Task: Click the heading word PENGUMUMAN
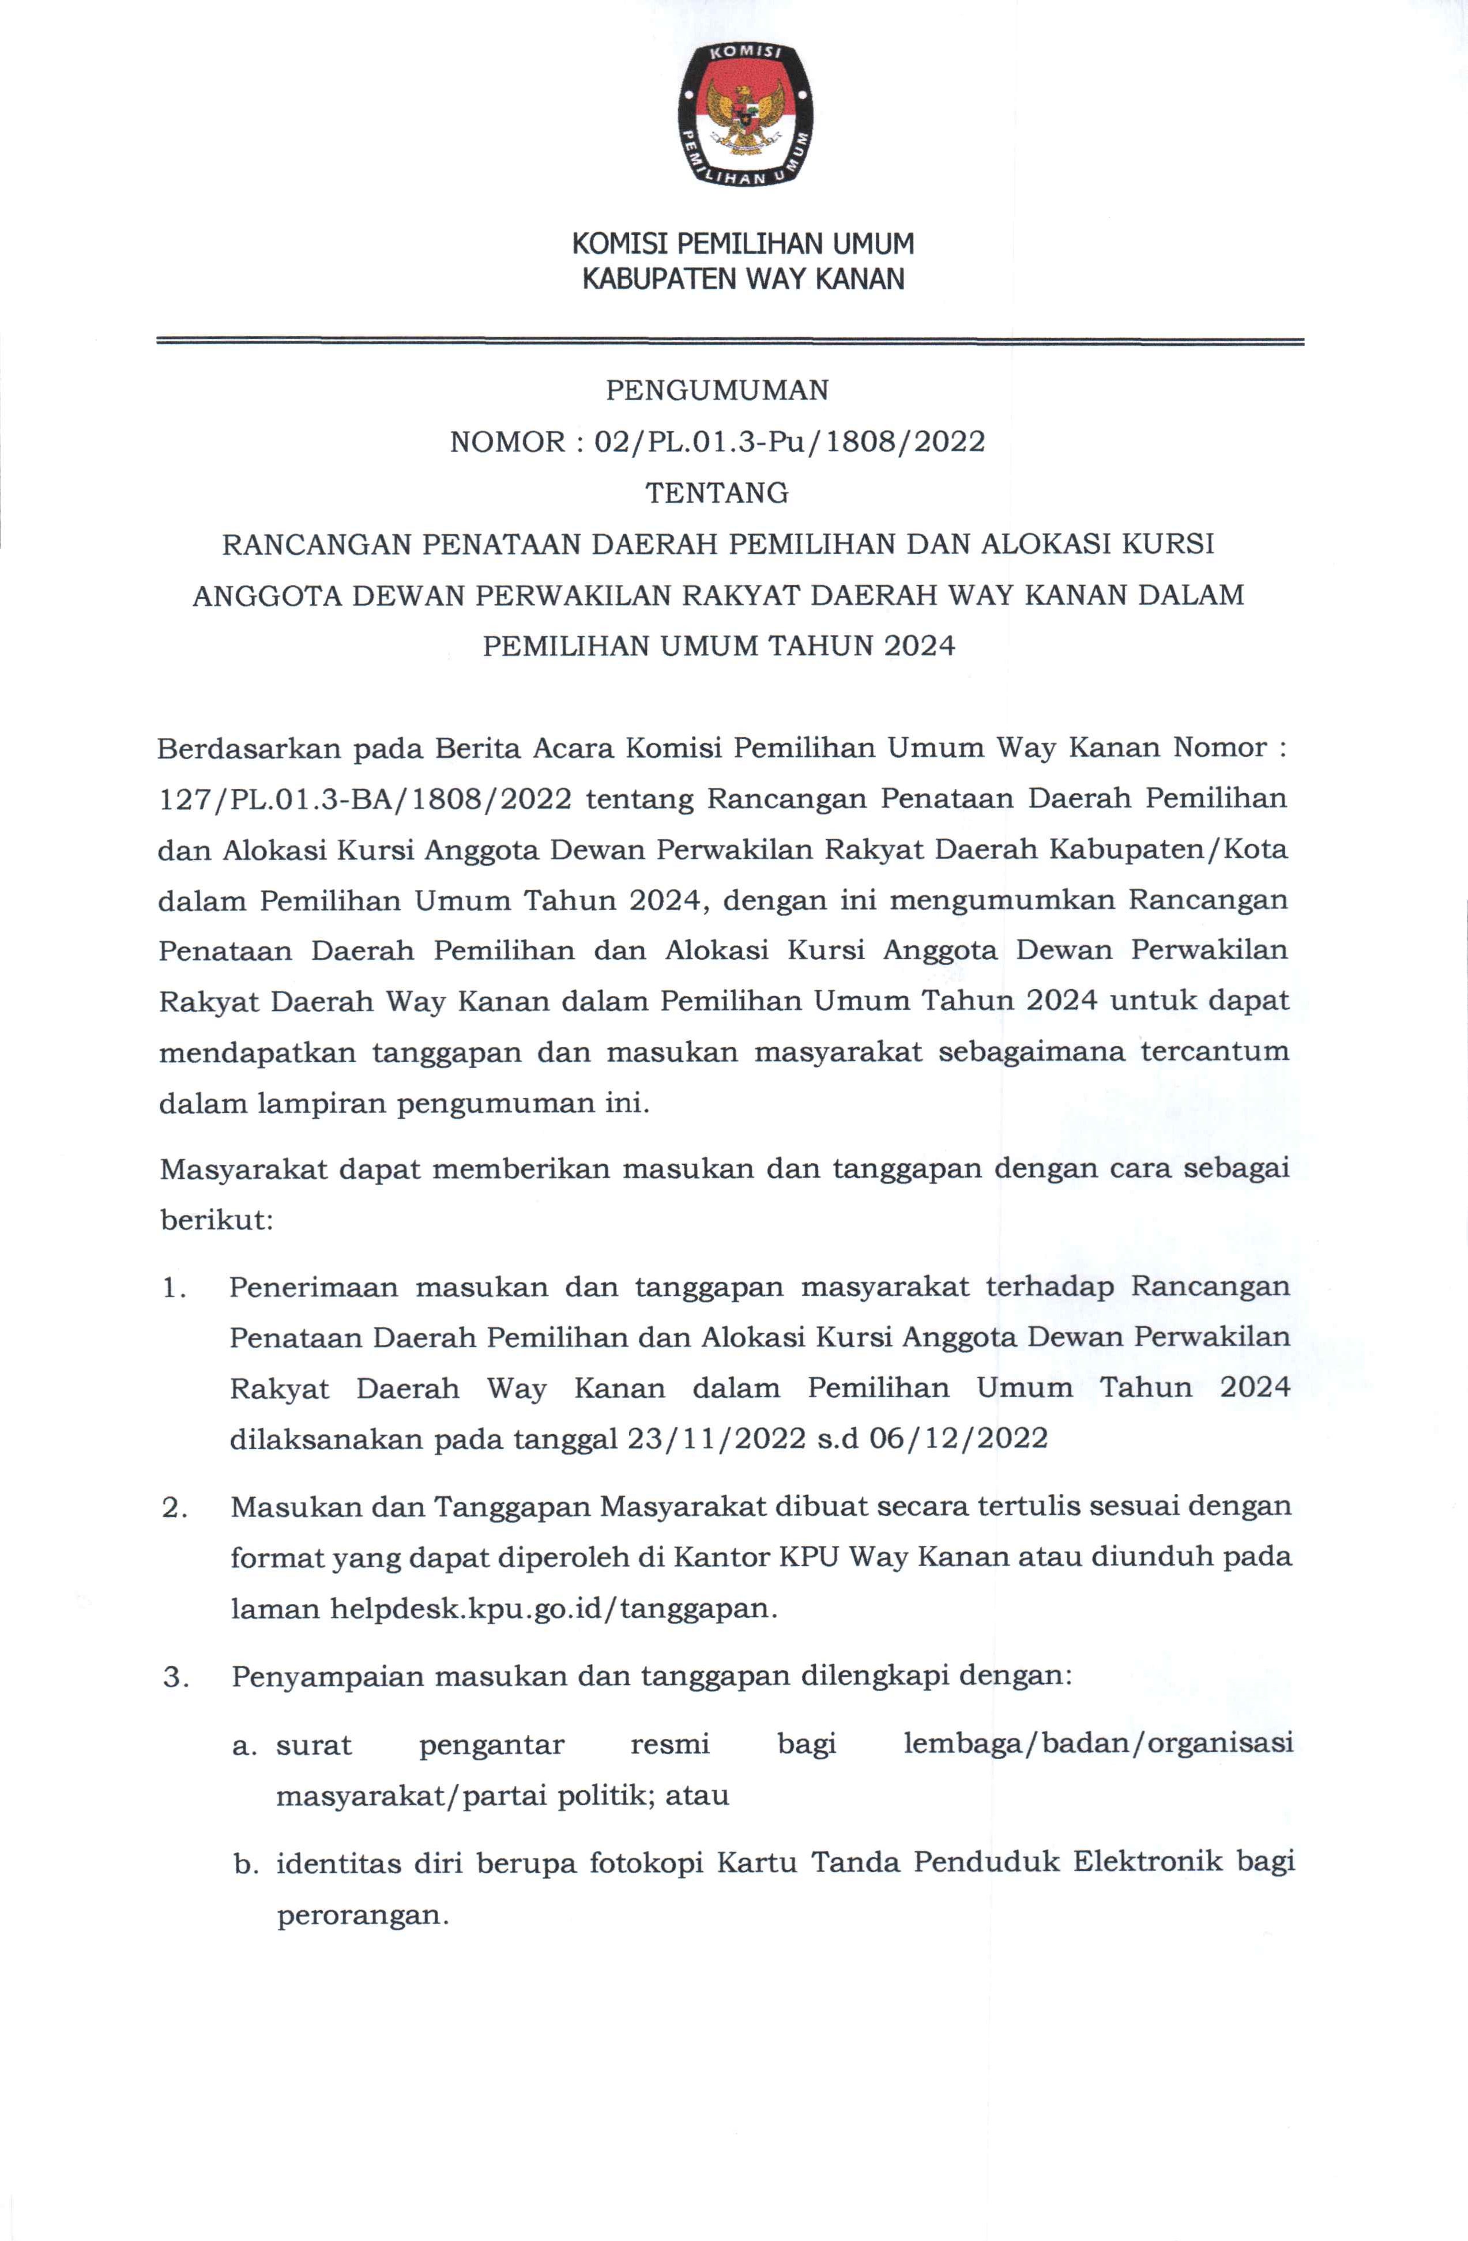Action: pos(717,390)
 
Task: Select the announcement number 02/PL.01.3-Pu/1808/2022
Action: pos(789,442)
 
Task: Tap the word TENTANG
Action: pos(717,492)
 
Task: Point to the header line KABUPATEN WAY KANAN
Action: pos(743,280)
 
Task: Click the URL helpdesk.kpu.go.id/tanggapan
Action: pos(553,1608)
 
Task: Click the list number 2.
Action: pos(173,1507)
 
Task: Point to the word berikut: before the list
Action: pos(217,1220)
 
